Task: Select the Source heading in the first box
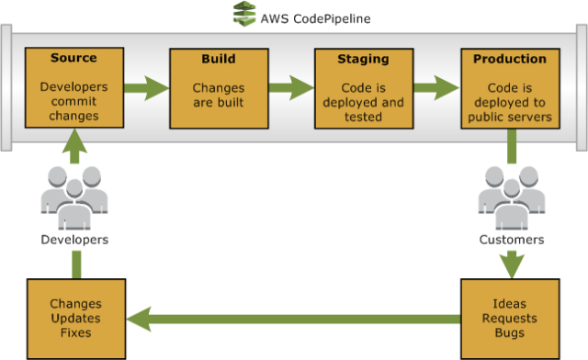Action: click(x=74, y=58)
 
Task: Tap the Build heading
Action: click(x=219, y=58)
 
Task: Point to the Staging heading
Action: click(x=364, y=58)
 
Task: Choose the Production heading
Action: click(x=509, y=58)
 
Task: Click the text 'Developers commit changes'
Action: click(x=74, y=102)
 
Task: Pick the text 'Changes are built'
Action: click(x=219, y=95)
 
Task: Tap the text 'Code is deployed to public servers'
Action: click(x=509, y=102)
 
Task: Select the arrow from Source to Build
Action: click(x=146, y=89)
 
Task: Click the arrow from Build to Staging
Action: click(x=290, y=89)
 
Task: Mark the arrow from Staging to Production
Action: click(x=435, y=89)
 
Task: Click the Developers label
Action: click(x=74, y=240)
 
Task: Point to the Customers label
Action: click(x=511, y=240)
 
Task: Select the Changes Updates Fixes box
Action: click(x=74, y=318)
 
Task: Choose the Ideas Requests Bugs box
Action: click(x=509, y=318)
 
